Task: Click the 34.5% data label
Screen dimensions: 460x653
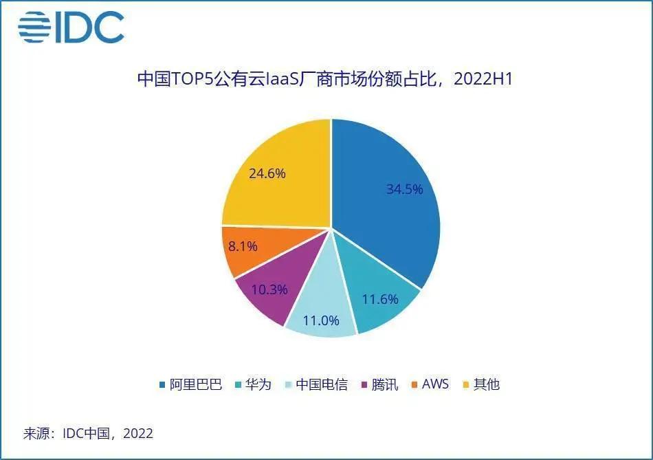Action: click(x=404, y=189)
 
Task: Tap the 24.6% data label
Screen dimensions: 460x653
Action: click(x=267, y=173)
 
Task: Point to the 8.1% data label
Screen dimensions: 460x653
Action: click(x=243, y=246)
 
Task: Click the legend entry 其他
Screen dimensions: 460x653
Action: click(x=487, y=384)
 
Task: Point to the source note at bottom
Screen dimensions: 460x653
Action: click(x=89, y=434)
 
